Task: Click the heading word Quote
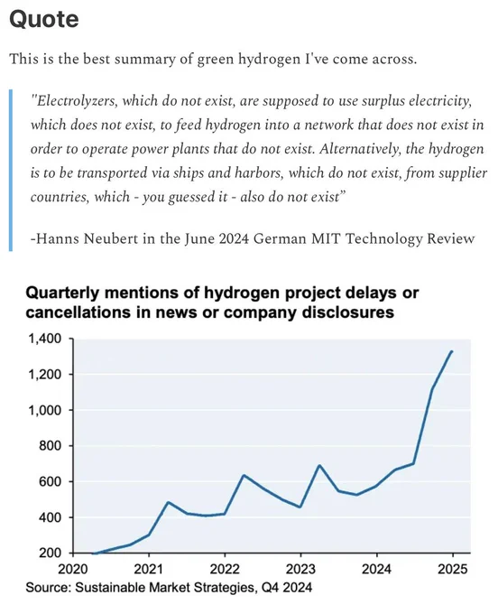[x=44, y=19]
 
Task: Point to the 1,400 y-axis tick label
[x=45, y=339]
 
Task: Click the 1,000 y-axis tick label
[x=45, y=410]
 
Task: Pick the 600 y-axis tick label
[x=51, y=481]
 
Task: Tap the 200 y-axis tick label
[x=51, y=553]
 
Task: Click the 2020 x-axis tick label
[x=73, y=569]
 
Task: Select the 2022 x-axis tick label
[x=225, y=569]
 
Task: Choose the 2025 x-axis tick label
[x=453, y=569]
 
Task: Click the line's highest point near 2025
[x=452, y=351]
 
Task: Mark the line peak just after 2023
[x=319, y=465]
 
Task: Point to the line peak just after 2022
[x=244, y=475]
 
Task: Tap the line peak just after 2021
[x=168, y=502]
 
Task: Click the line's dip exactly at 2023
[x=300, y=507]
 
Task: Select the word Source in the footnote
[x=47, y=588]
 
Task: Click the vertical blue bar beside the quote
[x=11, y=171]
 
